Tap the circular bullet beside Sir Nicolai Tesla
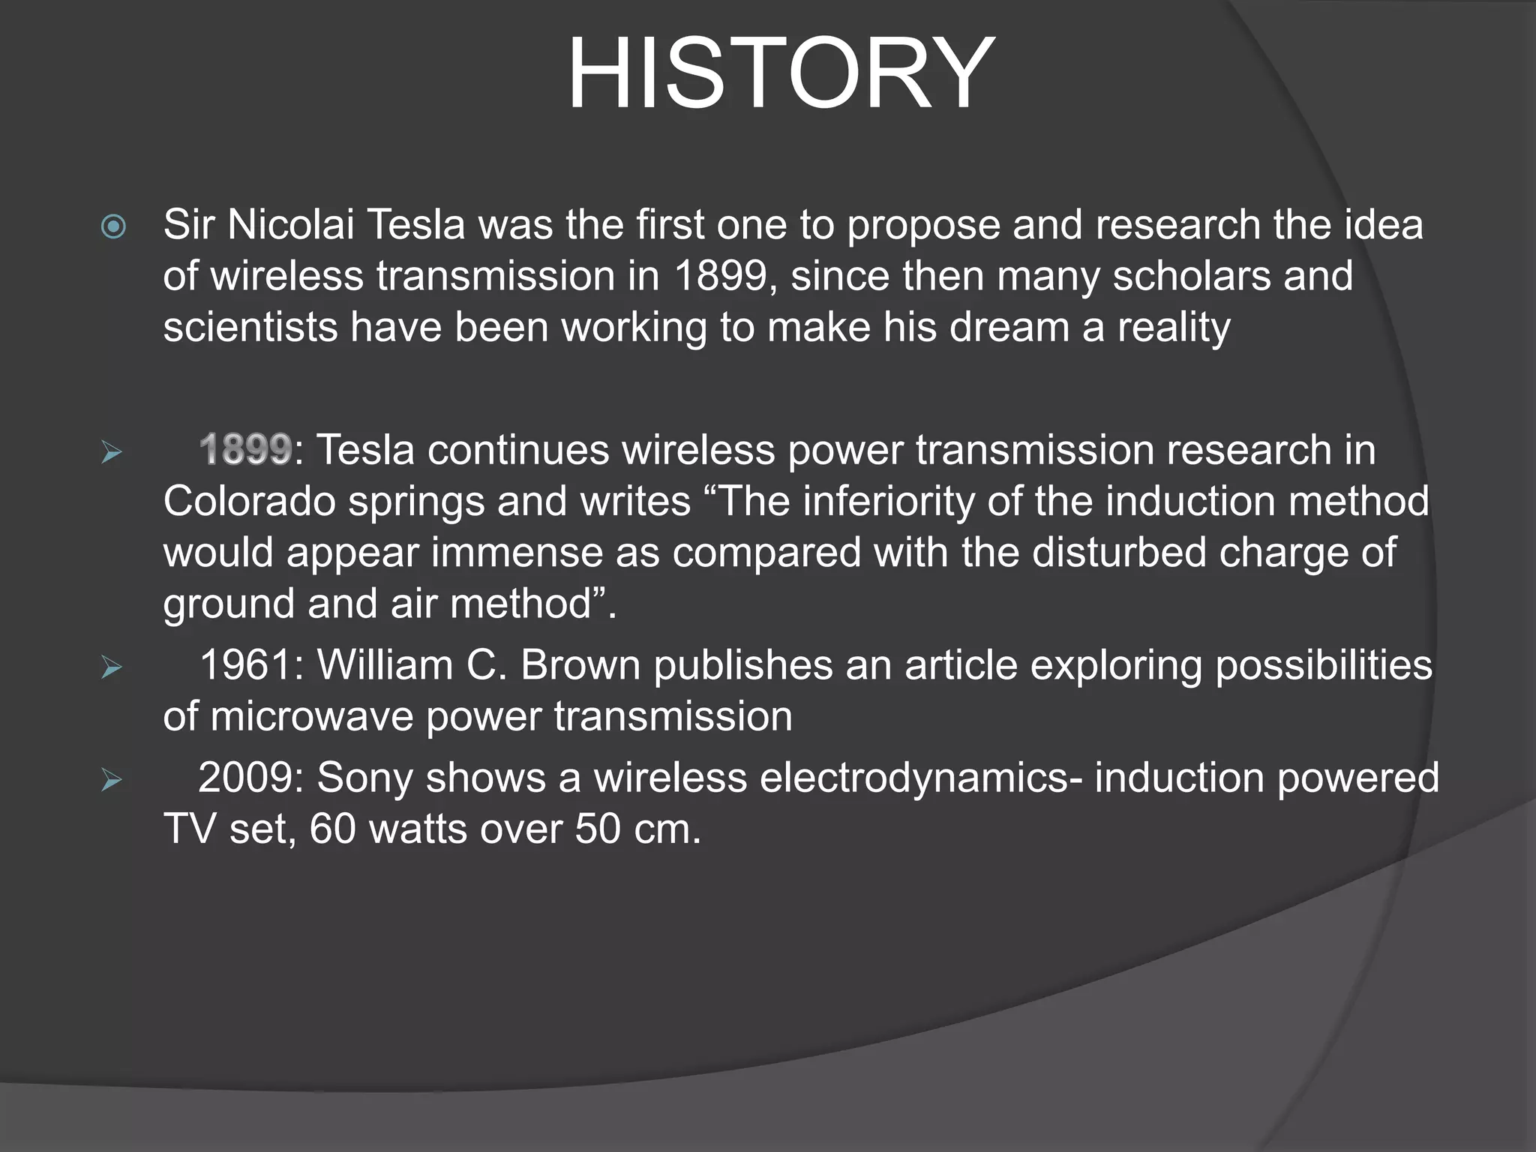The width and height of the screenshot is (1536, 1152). click(113, 226)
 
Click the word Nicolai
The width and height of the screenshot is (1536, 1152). click(290, 225)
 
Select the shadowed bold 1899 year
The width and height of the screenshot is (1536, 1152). click(246, 450)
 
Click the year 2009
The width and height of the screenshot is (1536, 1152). click(246, 778)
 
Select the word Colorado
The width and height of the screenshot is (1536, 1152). click(249, 501)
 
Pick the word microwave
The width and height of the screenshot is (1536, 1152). click(312, 716)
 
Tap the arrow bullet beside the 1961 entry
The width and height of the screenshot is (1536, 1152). click(112, 667)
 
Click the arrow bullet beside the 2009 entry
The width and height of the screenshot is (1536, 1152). click(112, 780)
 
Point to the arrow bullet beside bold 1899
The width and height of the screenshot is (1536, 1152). click(112, 452)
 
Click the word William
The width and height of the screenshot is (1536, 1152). click(385, 665)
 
